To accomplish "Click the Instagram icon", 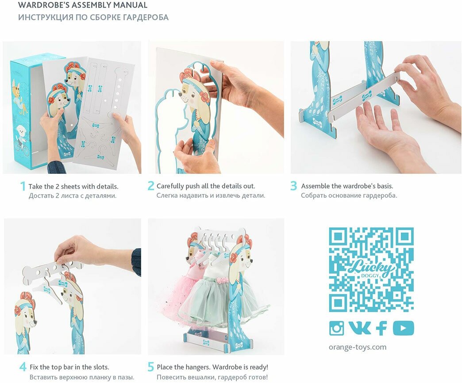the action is point(336,328).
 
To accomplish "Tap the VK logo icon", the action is point(359,327).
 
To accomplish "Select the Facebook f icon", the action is point(381,328).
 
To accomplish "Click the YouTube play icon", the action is point(403,328).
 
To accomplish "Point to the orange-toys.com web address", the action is point(358,347).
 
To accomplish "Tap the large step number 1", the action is point(23,186).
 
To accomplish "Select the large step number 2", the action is point(151,186).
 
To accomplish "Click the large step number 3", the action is point(293,186).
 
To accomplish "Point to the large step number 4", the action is point(23,367).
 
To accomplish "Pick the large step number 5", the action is point(150,367).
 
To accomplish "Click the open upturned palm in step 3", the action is point(383,130).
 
